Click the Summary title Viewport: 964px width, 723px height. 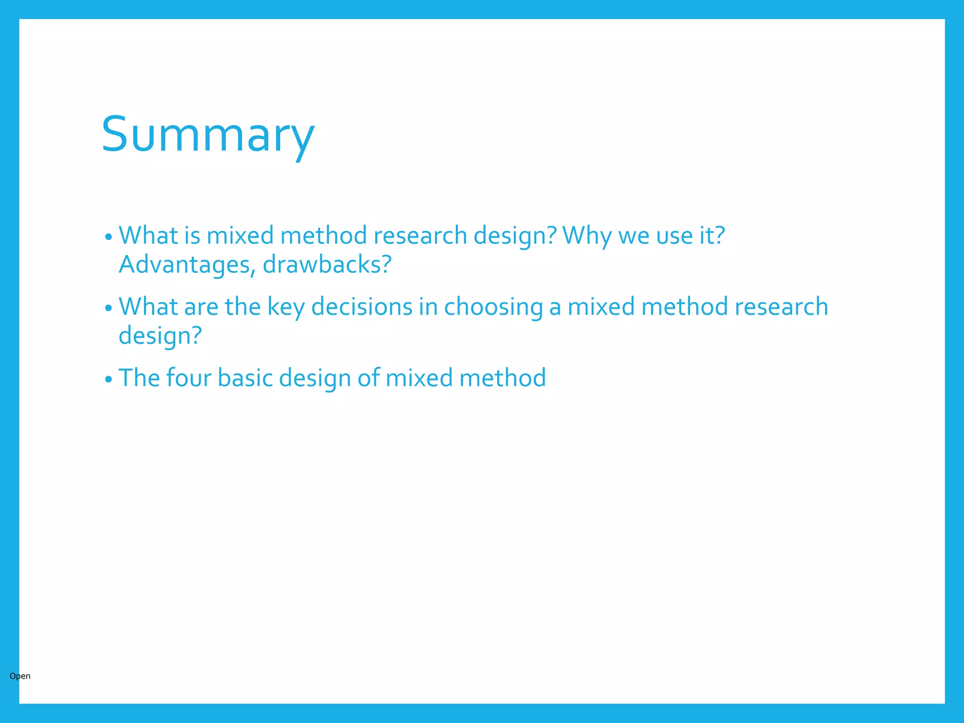208,135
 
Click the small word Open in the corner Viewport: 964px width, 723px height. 20,676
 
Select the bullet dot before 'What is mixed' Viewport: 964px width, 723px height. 109,237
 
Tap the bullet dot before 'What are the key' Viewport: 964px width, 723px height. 109,308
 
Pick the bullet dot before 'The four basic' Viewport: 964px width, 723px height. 109,379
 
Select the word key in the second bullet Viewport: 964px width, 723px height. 286,307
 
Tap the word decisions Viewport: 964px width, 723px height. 361,307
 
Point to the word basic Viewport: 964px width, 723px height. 245,378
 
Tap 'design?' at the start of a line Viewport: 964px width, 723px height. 160,336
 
